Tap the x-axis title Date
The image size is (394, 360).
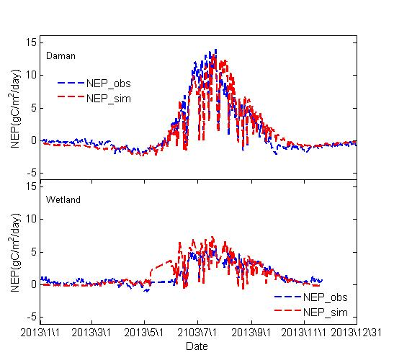197,346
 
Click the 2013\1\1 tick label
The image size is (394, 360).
42,333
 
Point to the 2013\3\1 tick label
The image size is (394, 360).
92,333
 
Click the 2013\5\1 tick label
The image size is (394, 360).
145,333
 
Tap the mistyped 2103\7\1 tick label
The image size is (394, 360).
197,333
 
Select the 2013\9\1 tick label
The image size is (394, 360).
251,333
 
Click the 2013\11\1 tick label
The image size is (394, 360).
305,333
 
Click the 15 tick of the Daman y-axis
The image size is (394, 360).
32,42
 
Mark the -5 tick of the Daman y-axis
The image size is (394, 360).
32,174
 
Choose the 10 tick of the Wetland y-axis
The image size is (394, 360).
32,218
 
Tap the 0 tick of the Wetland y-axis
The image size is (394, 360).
35,284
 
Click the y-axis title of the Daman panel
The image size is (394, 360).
16,107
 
